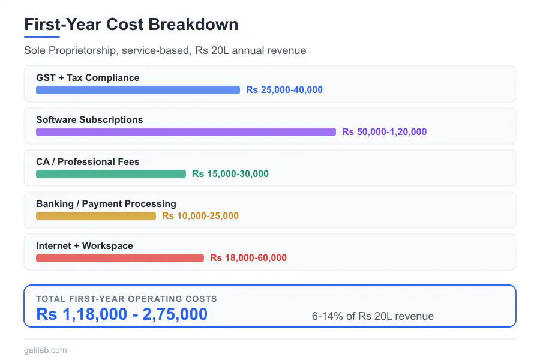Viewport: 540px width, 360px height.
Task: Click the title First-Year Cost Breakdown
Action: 131,25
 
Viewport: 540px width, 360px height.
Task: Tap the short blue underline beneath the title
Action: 42,37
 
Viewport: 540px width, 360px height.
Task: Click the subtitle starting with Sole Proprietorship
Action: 165,50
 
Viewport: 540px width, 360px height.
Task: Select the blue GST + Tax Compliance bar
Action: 137,90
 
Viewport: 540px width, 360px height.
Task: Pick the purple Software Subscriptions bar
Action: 185,132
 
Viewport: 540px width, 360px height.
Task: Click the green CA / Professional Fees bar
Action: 110,174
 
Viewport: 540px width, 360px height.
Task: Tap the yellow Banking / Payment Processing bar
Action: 95,216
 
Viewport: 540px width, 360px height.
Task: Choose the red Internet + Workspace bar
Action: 119,258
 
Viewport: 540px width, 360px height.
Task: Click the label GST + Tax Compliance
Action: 88,78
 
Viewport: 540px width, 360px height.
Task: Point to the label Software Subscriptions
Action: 89,120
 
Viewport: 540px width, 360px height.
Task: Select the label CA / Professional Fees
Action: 88,162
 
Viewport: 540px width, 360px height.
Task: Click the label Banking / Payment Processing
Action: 106,204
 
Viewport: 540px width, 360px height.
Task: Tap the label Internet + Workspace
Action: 85,246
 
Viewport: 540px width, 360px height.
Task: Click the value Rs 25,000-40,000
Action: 284,90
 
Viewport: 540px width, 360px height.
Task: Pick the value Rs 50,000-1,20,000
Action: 384,132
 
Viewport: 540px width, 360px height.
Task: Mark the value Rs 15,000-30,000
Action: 230,174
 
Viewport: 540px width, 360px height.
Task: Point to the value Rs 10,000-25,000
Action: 200,216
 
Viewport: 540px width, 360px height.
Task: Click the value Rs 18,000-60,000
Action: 248,258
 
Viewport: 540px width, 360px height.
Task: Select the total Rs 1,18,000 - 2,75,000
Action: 122,314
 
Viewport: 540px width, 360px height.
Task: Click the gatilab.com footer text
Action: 46,350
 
